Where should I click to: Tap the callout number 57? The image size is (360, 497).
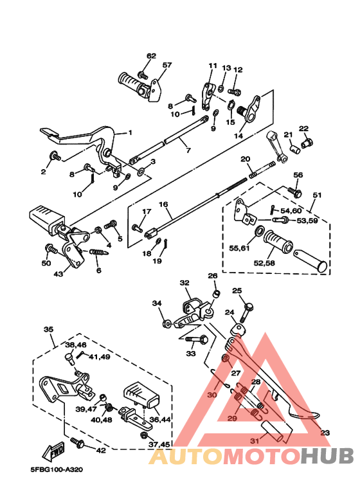[167, 66]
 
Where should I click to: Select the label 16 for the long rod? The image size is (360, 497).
[163, 204]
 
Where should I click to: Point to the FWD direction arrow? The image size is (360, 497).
[55, 451]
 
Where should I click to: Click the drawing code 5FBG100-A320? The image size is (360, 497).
[57, 469]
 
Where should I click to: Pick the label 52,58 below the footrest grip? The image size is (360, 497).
[264, 263]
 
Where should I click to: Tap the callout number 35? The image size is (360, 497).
[48, 330]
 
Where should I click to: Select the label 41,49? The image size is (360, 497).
[100, 357]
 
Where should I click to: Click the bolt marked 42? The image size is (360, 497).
[77, 442]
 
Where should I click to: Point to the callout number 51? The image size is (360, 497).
[317, 195]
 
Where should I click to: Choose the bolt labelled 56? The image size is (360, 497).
[294, 191]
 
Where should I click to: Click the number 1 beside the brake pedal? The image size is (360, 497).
[130, 133]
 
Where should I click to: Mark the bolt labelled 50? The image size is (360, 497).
[51, 249]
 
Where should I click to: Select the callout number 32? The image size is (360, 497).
[184, 283]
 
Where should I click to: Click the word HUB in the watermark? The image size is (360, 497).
[327, 455]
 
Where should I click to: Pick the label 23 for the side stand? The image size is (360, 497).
[325, 433]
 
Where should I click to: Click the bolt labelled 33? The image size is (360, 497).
[196, 340]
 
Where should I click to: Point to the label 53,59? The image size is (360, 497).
[307, 221]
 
